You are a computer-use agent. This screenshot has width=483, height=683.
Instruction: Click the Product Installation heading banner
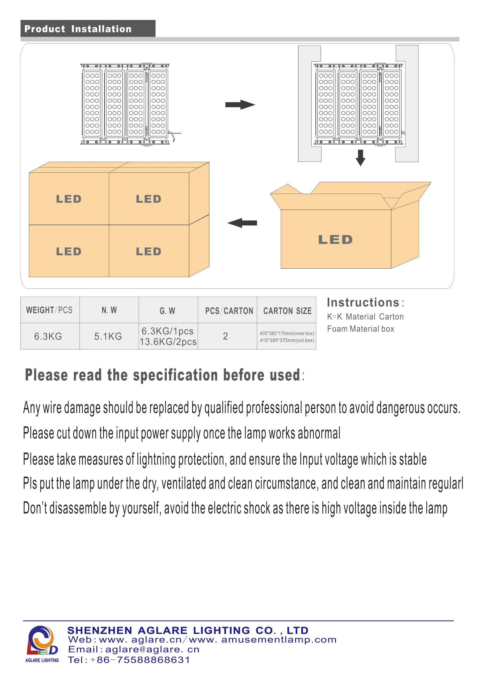point(88,29)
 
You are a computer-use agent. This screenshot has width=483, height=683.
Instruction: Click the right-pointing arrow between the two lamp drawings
point(240,105)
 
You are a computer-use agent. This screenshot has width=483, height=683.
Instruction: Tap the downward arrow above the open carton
point(360,158)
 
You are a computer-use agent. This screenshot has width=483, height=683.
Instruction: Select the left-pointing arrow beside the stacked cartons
point(242,223)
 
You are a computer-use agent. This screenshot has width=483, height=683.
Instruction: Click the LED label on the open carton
point(335,240)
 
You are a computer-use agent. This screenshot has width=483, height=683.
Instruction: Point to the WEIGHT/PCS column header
point(49,310)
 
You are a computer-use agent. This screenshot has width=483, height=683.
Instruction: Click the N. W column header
point(109,310)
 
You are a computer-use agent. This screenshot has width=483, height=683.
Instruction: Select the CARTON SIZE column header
point(287,311)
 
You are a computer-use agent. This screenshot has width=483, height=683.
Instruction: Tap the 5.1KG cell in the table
point(108,336)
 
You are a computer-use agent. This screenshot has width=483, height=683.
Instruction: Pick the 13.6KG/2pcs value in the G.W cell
point(168,342)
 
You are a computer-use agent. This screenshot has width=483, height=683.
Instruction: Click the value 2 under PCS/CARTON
point(225,336)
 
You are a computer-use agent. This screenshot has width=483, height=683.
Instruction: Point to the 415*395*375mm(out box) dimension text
point(287,340)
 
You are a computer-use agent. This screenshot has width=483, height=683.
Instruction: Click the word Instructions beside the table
point(363,303)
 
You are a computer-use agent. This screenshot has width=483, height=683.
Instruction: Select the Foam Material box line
point(360,329)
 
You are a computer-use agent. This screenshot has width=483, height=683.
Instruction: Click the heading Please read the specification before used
point(163,375)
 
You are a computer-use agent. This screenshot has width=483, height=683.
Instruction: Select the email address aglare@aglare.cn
point(152,650)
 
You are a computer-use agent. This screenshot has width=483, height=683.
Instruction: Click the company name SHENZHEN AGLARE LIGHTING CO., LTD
point(188,630)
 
